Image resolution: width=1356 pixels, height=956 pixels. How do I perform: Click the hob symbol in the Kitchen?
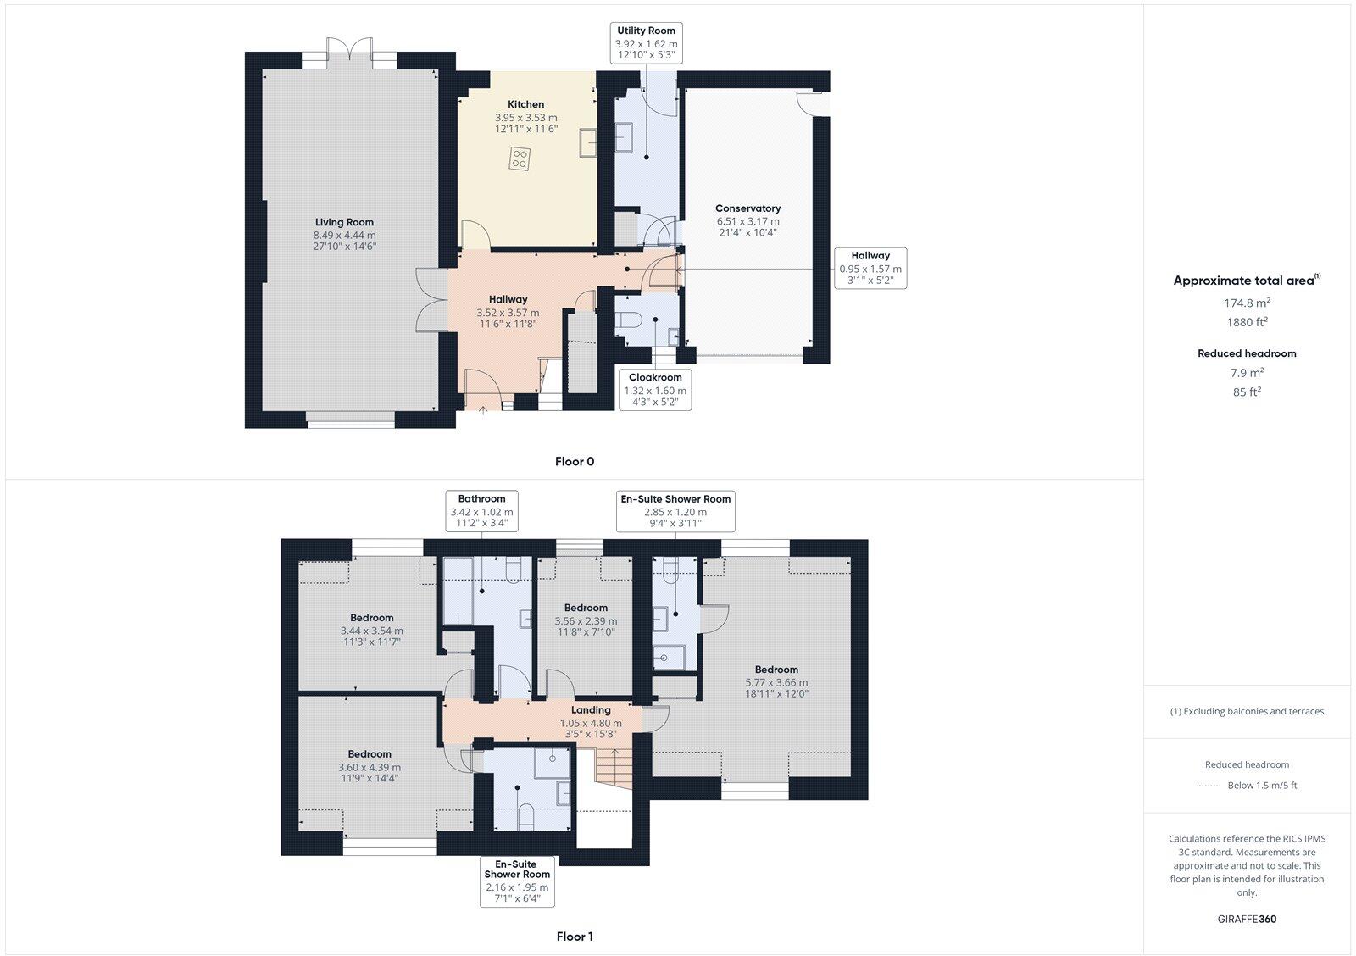click(x=520, y=158)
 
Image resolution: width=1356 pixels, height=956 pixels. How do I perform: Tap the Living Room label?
click(x=344, y=222)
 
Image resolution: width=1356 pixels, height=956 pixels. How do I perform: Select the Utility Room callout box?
click(x=646, y=43)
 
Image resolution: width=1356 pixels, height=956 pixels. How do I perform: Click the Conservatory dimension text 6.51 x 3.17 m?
click(x=747, y=221)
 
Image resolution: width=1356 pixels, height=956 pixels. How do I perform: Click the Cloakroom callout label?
click(x=655, y=390)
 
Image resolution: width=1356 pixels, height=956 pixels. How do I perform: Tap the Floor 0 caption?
click(x=575, y=462)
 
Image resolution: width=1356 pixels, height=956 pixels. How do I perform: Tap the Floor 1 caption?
click(x=575, y=937)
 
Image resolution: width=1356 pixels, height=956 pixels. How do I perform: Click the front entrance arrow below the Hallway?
click(x=484, y=410)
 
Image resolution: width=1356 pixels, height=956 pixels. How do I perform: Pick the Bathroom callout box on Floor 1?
click(x=481, y=511)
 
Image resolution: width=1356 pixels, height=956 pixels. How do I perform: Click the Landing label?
click(x=591, y=710)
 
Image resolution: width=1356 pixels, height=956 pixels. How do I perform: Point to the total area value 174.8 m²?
click(x=1246, y=303)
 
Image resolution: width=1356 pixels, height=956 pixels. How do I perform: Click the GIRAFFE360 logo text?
click(x=1247, y=919)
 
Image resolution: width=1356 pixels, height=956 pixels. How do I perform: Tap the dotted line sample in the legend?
click(x=1208, y=786)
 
